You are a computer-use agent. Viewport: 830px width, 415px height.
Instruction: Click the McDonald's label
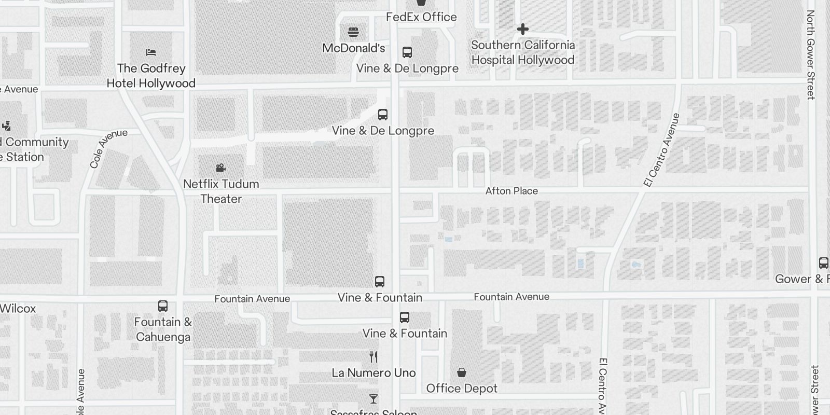tap(353, 48)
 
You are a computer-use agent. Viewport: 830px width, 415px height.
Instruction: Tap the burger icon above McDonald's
tap(353, 32)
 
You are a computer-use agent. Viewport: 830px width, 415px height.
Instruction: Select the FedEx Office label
tap(421, 17)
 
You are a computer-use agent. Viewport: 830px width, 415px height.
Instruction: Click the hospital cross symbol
tap(522, 29)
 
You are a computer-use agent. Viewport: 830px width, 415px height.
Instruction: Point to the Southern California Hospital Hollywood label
tap(523, 52)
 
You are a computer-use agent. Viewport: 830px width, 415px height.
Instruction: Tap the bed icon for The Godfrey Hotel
tap(151, 52)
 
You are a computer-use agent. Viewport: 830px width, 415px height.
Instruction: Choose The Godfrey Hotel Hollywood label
tap(151, 76)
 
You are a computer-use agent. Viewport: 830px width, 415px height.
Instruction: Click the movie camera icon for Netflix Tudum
tap(221, 168)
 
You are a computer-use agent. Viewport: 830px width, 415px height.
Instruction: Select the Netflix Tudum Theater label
tap(222, 191)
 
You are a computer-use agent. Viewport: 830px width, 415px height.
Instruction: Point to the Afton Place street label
tap(511, 191)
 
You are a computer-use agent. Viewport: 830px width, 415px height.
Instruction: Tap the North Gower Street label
tap(811, 54)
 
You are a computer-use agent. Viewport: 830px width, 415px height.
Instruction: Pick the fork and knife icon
tap(374, 356)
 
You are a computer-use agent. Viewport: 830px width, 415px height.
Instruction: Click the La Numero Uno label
tap(374, 372)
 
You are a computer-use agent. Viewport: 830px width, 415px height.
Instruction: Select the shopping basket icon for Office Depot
tap(461, 372)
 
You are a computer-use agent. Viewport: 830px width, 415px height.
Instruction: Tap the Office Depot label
tap(462, 388)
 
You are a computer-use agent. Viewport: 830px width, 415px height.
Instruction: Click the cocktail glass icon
tap(374, 398)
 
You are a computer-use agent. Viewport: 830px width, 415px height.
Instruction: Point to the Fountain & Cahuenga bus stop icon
tap(163, 306)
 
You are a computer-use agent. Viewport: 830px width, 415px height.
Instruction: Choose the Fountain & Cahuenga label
tap(163, 329)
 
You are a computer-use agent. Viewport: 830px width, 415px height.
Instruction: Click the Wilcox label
tap(18, 308)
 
